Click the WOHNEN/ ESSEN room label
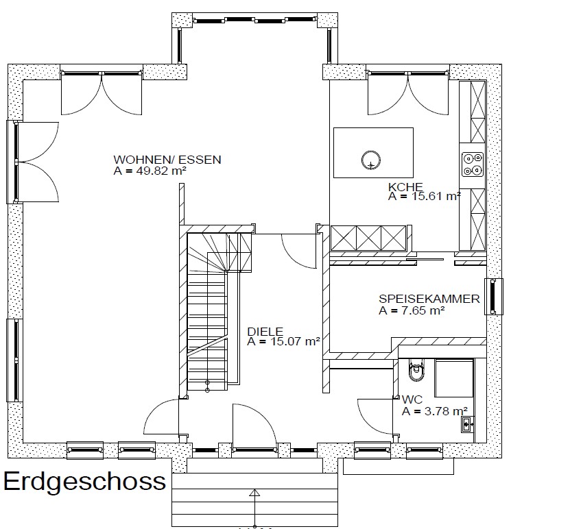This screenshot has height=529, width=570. [167, 160]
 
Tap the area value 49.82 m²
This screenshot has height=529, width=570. [161, 171]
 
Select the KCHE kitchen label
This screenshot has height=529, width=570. [405, 187]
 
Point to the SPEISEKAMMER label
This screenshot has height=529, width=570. [429, 299]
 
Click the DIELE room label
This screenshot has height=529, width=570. [265, 332]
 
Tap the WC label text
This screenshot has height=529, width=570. [412, 399]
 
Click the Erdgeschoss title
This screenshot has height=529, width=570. [84, 482]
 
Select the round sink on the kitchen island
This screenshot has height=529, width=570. [371, 160]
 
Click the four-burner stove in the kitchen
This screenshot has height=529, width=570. [472, 164]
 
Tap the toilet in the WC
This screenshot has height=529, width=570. [416, 369]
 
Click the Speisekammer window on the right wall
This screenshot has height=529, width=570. [493, 297]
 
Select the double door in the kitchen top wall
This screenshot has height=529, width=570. [408, 93]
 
